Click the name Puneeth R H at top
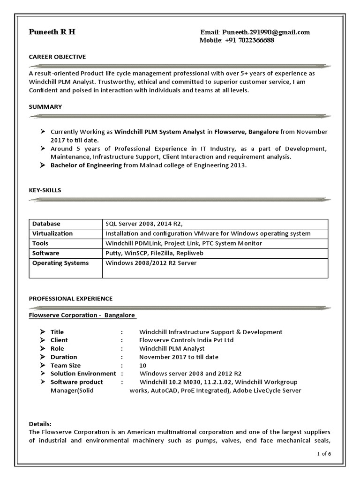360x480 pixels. pyautogui.click(x=52, y=32)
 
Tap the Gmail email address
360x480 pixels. pyautogui.click(x=266, y=32)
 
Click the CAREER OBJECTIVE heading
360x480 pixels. pyautogui.click(x=57, y=57)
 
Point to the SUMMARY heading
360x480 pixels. pyautogui.click(x=45, y=107)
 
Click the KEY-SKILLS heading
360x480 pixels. pyautogui.click(x=45, y=190)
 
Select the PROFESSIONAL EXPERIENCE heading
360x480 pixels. pyautogui.click(x=71, y=298)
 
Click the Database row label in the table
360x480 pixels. pyautogui.click(x=46, y=224)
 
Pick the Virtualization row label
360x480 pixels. pyautogui.click(x=52, y=233)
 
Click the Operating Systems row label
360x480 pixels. pyautogui.click(x=60, y=263)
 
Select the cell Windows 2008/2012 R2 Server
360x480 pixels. pyautogui.click(x=151, y=263)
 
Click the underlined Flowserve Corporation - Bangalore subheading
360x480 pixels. pyautogui.click(x=82, y=315)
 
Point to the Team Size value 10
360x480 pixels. pyautogui.click(x=143, y=365)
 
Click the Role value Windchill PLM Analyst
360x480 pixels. pyautogui.click(x=172, y=348)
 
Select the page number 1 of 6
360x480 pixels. pyautogui.click(x=324, y=453)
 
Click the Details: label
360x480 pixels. pyautogui.click(x=40, y=423)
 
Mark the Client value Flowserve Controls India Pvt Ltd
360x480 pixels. pyautogui.click(x=186, y=340)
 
